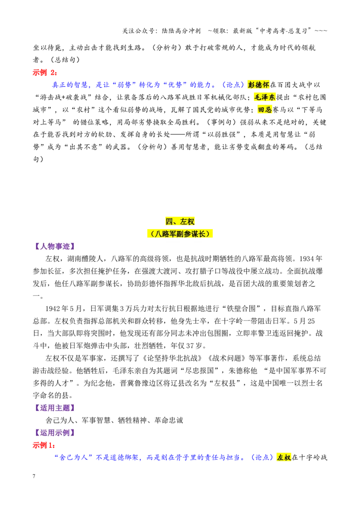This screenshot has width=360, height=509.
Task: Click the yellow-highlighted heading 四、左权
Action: (x=180, y=221)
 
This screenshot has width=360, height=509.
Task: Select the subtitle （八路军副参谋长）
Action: (x=180, y=234)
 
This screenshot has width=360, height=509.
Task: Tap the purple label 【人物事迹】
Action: (x=54, y=246)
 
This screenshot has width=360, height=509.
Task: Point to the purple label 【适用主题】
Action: (x=54, y=408)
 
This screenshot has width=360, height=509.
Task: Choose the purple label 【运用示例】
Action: (x=54, y=433)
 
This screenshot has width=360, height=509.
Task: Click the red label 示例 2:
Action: (x=45, y=72)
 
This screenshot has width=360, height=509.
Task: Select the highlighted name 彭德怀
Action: (x=259, y=85)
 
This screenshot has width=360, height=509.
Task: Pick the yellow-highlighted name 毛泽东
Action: (x=265, y=97)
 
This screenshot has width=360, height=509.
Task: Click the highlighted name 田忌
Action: (x=265, y=110)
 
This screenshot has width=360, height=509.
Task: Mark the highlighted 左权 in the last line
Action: (x=284, y=457)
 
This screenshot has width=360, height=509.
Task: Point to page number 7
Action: (x=34, y=476)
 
